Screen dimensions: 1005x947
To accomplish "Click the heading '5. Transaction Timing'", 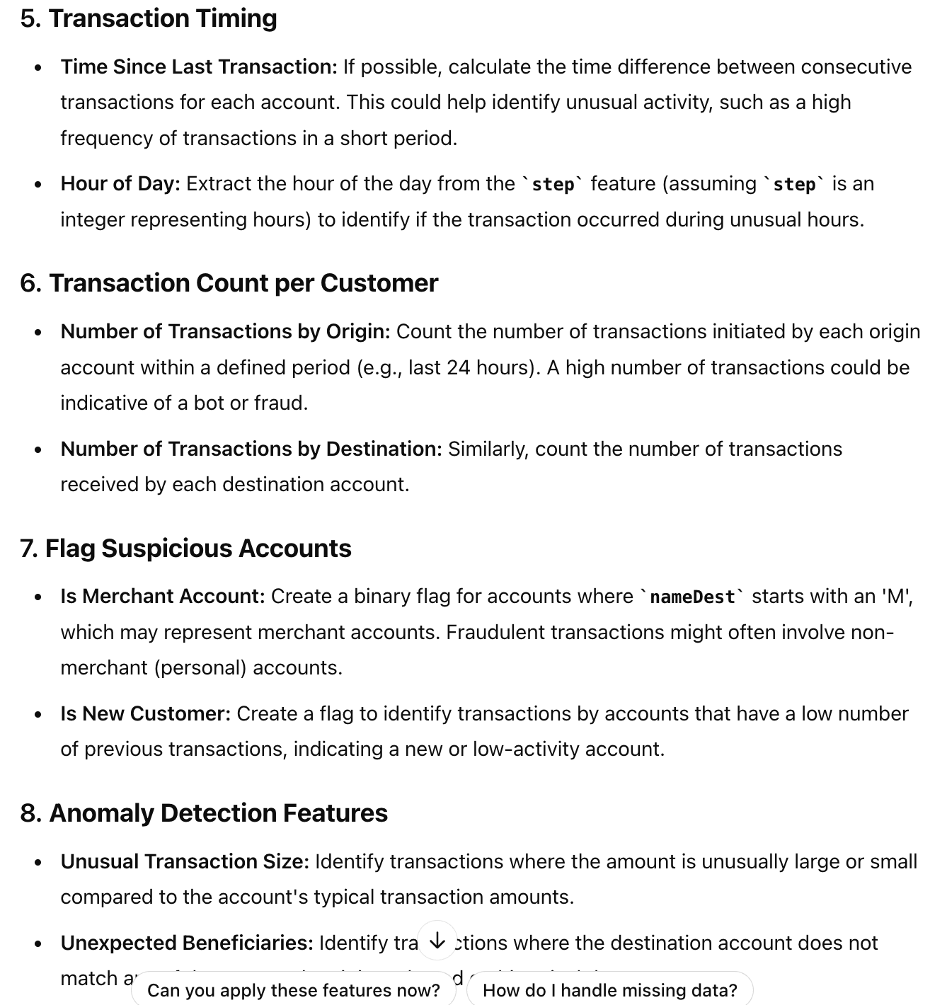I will click(x=149, y=18).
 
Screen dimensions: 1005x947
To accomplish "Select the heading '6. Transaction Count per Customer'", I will click(x=229, y=283).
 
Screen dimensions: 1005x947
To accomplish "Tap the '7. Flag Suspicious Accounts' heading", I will click(x=185, y=549).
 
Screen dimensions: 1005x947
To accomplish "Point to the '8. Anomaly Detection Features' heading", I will click(x=204, y=813).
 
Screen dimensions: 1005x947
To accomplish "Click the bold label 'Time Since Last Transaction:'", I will click(x=199, y=67).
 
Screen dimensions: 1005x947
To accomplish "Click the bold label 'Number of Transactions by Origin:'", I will click(x=225, y=332).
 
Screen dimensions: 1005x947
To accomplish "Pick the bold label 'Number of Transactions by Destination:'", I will click(x=251, y=449).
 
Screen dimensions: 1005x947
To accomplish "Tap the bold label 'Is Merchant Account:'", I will click(x=163, y=597).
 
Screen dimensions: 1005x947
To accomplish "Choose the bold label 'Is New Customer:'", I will click(x=146, y=714).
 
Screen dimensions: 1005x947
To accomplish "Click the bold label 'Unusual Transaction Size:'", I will click(x=185, y=862).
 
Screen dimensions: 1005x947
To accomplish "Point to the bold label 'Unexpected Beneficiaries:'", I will click(x=187, y=943).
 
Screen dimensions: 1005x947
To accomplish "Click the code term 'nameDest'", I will click(x=692, y=597).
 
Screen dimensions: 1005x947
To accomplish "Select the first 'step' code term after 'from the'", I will click(x=553, y=185).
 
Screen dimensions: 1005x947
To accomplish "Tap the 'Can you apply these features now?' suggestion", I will click(x=294, y=990).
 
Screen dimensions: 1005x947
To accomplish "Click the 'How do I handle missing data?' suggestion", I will click(x=609, y=990).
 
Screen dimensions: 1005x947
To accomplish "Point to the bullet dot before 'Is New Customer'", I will click(x=38, y=715).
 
